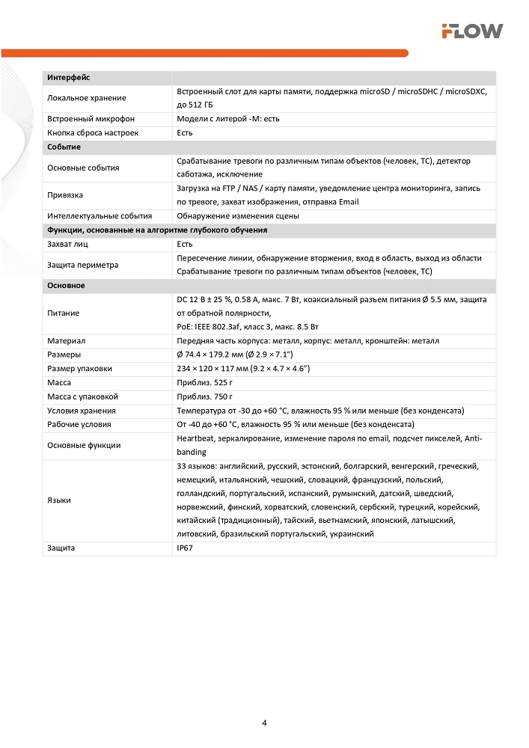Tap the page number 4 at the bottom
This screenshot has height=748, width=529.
265,723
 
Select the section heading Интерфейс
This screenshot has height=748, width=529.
69,77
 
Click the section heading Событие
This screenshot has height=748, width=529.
64,147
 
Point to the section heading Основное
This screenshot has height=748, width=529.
66,286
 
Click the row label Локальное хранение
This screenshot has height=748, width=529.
86,98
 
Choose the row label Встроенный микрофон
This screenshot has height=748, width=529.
91,119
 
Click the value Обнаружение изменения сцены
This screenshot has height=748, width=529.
238,216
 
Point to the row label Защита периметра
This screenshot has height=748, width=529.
82,265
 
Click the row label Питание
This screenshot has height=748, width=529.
63,313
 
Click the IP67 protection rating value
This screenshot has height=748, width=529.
185,548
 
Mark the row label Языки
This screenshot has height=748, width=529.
59,500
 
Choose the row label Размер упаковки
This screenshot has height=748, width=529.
79,368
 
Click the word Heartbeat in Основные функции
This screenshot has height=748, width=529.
198,438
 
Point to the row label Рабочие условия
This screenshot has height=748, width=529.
79,424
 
